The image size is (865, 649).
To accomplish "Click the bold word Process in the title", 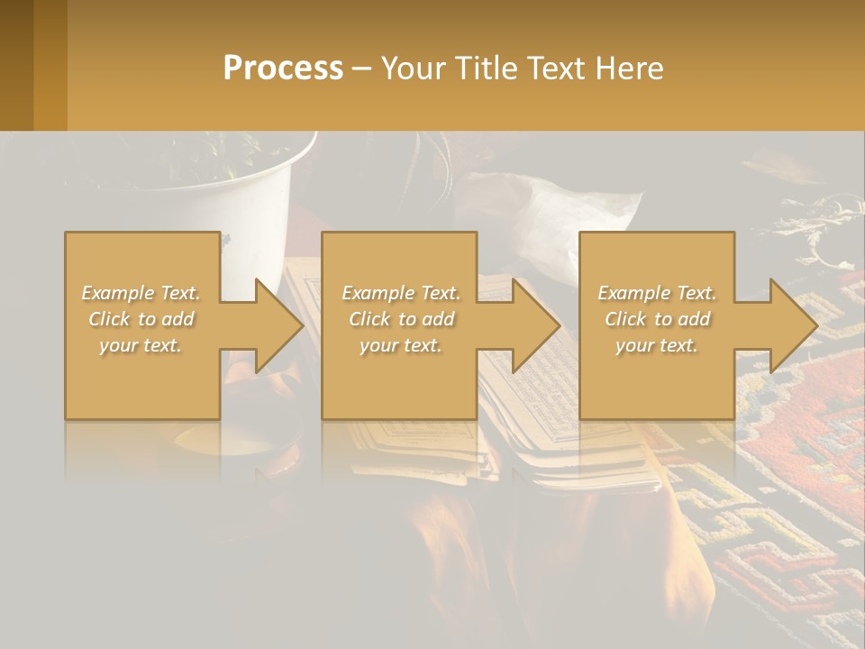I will click(283, 69).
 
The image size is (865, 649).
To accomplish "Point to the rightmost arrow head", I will click(792, 325).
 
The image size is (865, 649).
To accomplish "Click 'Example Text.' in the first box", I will click(141, 293).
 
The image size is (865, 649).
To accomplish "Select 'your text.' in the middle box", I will click(399, 345).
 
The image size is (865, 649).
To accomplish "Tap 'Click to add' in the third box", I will click(657, 319).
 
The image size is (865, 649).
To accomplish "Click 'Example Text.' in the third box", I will click(657, 293).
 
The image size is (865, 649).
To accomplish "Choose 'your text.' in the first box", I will click(141, 345).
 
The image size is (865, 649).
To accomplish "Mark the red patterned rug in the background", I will click(793, 505).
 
